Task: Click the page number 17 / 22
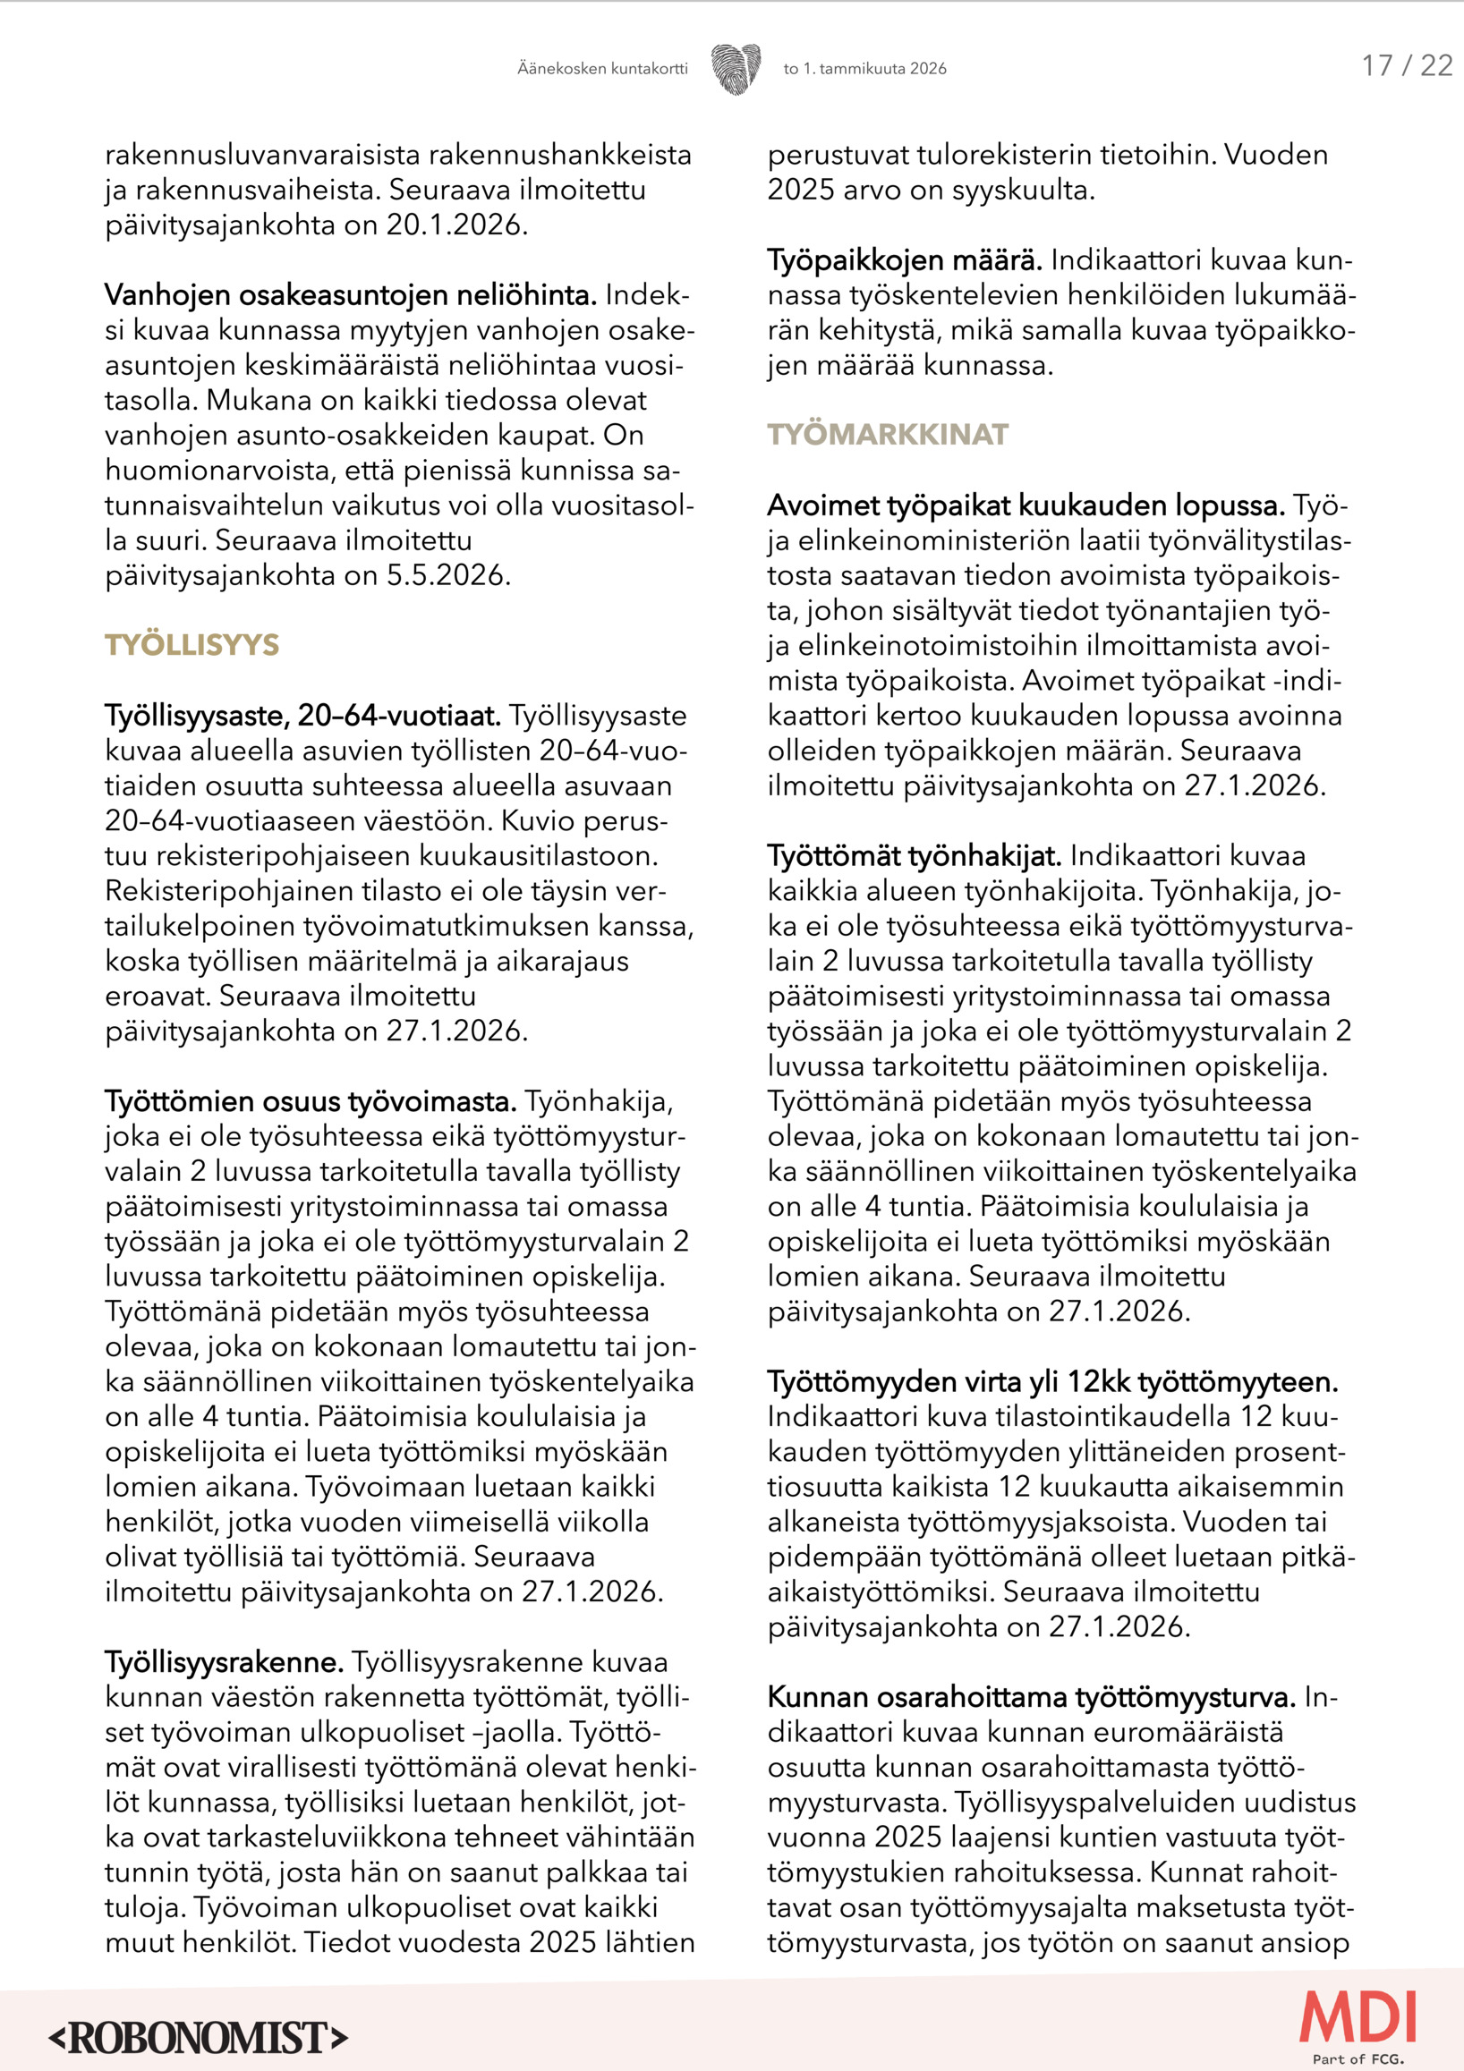1406,66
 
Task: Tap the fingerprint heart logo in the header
736,69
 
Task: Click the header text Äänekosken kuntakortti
601,69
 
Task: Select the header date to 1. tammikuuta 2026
865,69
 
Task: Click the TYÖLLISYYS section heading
192,645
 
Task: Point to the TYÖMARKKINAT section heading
888,435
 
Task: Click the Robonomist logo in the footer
199,2039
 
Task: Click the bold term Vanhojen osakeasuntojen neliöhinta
350,295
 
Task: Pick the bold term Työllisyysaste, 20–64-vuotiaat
303,716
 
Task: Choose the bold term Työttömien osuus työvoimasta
311,1101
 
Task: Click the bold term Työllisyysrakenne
225,1661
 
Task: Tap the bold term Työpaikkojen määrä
905,259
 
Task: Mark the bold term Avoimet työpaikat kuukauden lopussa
1026,505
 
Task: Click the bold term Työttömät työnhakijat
915,855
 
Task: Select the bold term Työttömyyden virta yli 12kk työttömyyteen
1052,1382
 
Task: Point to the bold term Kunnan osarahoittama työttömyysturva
1031,1697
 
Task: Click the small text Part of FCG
1358,2059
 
